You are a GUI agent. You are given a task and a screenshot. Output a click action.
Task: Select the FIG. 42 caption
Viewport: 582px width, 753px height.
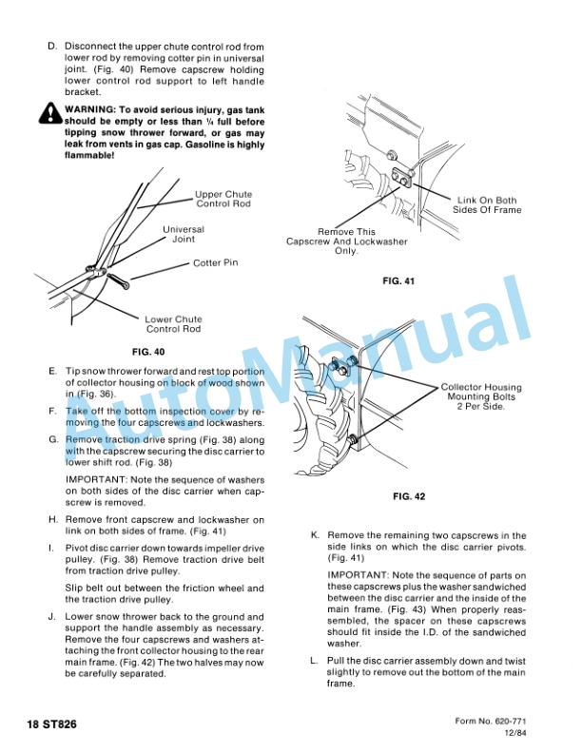point(409,497)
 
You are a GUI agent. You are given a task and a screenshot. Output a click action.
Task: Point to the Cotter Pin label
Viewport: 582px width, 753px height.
point(215,263)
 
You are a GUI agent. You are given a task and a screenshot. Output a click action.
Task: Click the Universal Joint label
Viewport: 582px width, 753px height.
point(183,234)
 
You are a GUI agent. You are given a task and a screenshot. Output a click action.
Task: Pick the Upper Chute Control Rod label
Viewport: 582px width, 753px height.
point(223,199)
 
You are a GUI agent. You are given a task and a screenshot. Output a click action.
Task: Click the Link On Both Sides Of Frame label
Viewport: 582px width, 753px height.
point(486,205)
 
